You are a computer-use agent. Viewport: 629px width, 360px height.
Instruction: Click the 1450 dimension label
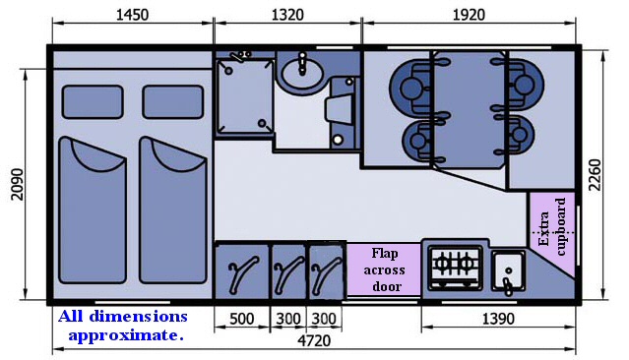[x=132, y=15]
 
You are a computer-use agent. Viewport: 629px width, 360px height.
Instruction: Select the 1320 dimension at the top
[x=287, y=15]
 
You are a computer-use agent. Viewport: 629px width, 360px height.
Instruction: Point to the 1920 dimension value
[x=469, y=15]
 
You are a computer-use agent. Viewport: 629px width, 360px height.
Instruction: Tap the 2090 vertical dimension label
[x=18, y=184]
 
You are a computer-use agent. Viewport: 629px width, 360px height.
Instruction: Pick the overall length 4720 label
[x=314, y=340]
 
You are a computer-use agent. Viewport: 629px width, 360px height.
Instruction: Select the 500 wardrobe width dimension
[x=242, y=319]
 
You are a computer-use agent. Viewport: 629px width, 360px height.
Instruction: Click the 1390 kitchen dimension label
[x=498, y=319]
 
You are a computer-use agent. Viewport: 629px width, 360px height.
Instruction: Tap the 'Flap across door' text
[x=384, y=270]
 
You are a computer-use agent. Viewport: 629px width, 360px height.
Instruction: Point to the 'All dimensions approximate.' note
[x=123, y=326]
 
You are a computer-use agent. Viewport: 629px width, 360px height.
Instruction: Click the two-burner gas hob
[x=455, y=267]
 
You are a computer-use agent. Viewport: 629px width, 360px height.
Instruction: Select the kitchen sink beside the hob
[x=508, y=271]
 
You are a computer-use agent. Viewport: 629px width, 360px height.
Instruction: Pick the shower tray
[x=244, y=95]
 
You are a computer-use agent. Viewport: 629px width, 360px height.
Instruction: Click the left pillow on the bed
[x=93, y=102]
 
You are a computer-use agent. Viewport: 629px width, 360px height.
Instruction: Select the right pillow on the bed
[x=173, y=102]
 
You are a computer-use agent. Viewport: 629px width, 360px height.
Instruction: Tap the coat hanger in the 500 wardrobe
[x=243, y=273]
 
